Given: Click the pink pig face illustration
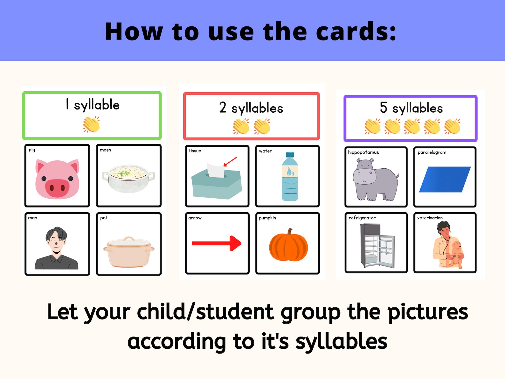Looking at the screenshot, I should coord(57,179).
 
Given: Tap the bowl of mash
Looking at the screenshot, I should coord(128,178).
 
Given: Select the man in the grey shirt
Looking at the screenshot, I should coord(56,248).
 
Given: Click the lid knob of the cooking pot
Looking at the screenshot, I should coord(129,238).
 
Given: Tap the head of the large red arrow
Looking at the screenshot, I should coord(235,243).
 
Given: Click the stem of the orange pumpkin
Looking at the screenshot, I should coord(289,232).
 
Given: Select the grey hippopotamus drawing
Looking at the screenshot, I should coord(375,179).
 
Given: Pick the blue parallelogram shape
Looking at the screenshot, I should coord(445,179).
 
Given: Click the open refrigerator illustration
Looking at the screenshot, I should coord(377,245).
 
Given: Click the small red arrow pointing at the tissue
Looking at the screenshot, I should coord(230,162).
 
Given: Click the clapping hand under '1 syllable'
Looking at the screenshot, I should coord(92,124).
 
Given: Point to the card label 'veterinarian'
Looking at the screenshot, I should coord(430,218).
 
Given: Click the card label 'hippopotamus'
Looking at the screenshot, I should coord(363,152).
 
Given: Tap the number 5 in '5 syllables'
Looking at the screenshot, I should coord(384,108).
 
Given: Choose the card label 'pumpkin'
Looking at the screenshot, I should coord(267,218).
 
